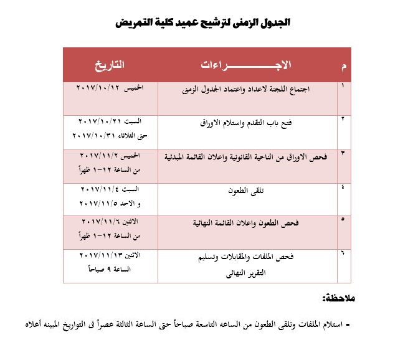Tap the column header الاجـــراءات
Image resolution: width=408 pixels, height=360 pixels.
tap(247, 65)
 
